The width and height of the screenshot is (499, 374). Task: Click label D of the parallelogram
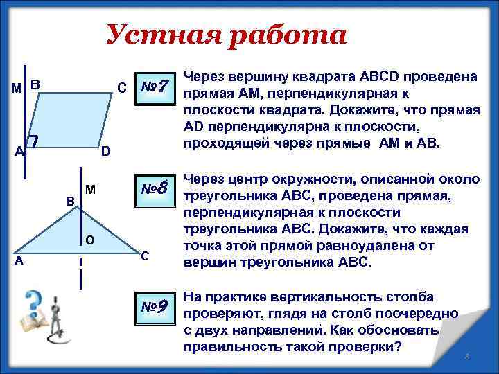105,152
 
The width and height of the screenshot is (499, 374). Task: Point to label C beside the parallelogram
121,89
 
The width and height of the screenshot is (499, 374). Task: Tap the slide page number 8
467,357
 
